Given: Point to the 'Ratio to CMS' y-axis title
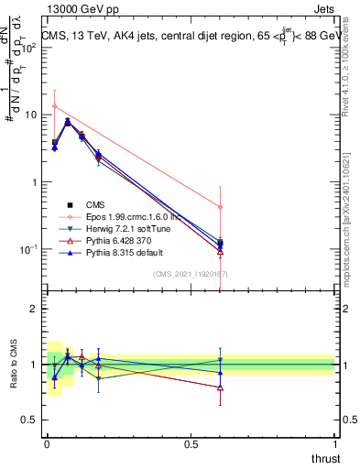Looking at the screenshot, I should point(14,365).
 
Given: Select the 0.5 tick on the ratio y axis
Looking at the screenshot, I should point(29,420).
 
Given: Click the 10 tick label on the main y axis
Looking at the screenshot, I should point(27,115).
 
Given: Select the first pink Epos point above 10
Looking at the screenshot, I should point(55,106).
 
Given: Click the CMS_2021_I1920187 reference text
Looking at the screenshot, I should point(191,274).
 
